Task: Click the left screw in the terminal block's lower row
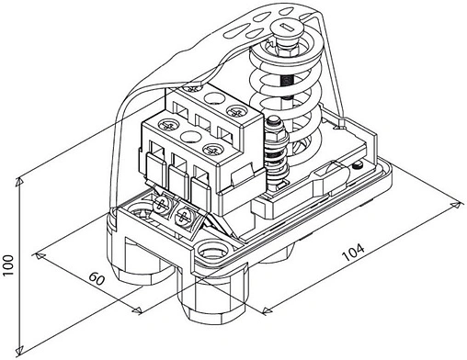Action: pyautogui.click(x=167, y=124)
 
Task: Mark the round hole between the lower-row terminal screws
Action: pyautogui.click(x=193, y=137)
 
